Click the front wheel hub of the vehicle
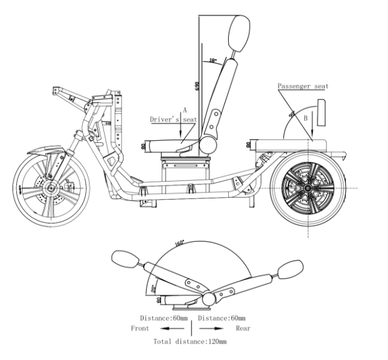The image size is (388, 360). coord(48,188)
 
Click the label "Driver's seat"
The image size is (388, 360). coord(173,120)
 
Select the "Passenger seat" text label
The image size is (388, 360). coord(302,86)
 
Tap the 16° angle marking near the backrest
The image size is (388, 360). coord(213,61)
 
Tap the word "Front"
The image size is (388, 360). coord(140,328)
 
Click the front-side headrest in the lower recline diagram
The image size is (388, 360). coord(124,259)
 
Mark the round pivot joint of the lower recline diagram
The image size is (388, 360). coord(209,299)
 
